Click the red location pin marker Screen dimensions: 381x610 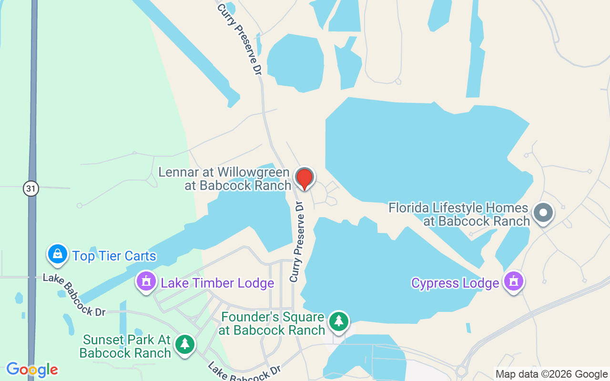click(304, 179)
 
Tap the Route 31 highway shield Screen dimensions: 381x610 click(30, 189)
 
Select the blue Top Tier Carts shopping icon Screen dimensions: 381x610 click(57, 254)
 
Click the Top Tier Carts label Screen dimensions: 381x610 click(114, 256)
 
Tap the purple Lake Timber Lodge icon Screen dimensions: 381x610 click(147, 281)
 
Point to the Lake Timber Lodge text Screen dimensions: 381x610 click(217, 283)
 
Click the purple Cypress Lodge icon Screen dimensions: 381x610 click(514, 281)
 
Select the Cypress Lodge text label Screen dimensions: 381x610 click(455, 283)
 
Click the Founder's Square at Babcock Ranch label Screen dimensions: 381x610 click(273, 323)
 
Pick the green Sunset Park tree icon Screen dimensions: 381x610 click(184, 344)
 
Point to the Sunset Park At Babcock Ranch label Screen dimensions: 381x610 click(126, 346)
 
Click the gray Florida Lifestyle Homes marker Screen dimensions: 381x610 click(543, 212)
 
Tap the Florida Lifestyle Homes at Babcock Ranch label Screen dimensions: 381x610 click(459, 214)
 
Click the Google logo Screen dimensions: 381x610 click(32, 370)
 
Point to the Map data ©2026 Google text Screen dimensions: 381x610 click(551, 374)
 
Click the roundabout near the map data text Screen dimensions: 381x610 click(461, 371)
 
